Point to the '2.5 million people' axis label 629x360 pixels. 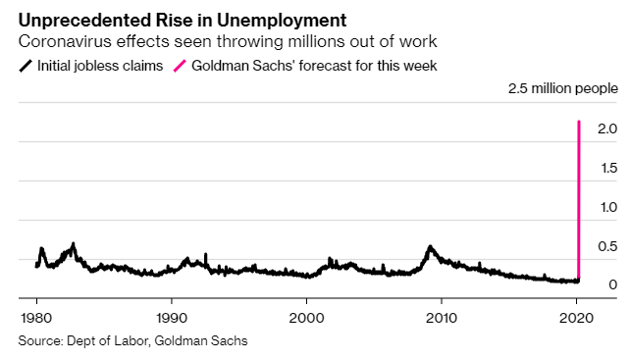[561, 89]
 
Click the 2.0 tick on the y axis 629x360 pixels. [606, 129]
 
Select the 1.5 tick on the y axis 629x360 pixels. [606, 168]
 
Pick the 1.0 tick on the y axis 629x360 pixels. [606, 207]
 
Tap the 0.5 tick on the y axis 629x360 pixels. [606, 246]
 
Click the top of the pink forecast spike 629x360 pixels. [579, 122]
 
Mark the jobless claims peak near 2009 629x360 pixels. [430, 246]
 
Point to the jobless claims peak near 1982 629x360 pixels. [73, 243]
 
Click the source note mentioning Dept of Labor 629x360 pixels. [132, 340]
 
